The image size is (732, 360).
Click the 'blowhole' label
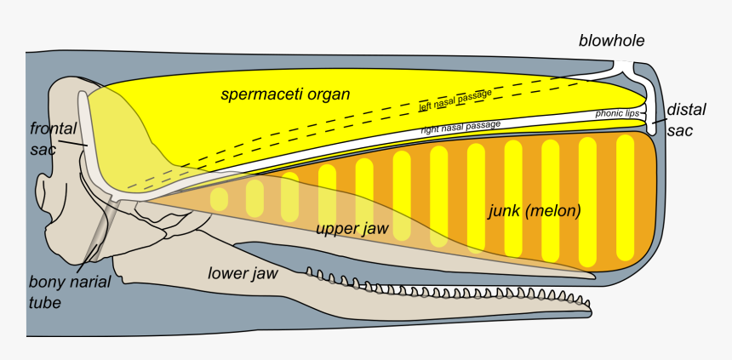tap(612, 40)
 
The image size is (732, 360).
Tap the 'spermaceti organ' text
tap(285, 94)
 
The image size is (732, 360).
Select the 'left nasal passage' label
tap(455, 102)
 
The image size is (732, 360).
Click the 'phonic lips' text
tap(616, 113)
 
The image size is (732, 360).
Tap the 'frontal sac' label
tap(54, 136)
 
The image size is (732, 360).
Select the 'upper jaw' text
tap(352, 229)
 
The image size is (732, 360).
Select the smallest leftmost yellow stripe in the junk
tap(220, 200)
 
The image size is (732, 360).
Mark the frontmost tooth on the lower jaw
tap(585, 302)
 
